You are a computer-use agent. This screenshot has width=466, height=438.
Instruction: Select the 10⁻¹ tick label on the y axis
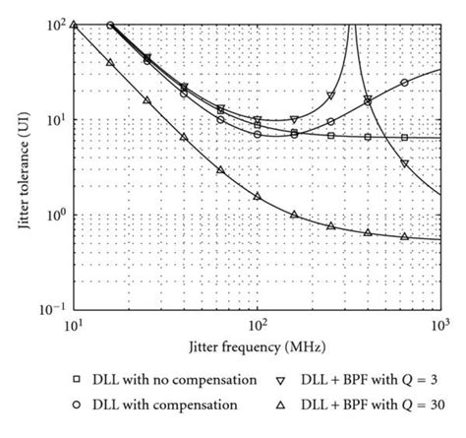55,308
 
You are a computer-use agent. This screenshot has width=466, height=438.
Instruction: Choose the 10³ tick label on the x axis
438,325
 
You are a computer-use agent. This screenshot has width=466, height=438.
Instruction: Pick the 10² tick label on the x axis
257,325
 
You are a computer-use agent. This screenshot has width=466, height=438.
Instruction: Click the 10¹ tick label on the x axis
74,325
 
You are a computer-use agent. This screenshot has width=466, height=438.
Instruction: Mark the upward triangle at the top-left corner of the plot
74,25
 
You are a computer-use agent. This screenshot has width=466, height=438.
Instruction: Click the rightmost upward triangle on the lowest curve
404,236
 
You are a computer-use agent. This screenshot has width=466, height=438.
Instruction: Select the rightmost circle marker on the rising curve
404,83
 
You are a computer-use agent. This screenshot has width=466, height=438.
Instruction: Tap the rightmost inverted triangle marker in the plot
404,163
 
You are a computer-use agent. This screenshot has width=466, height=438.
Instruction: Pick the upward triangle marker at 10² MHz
257,196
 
